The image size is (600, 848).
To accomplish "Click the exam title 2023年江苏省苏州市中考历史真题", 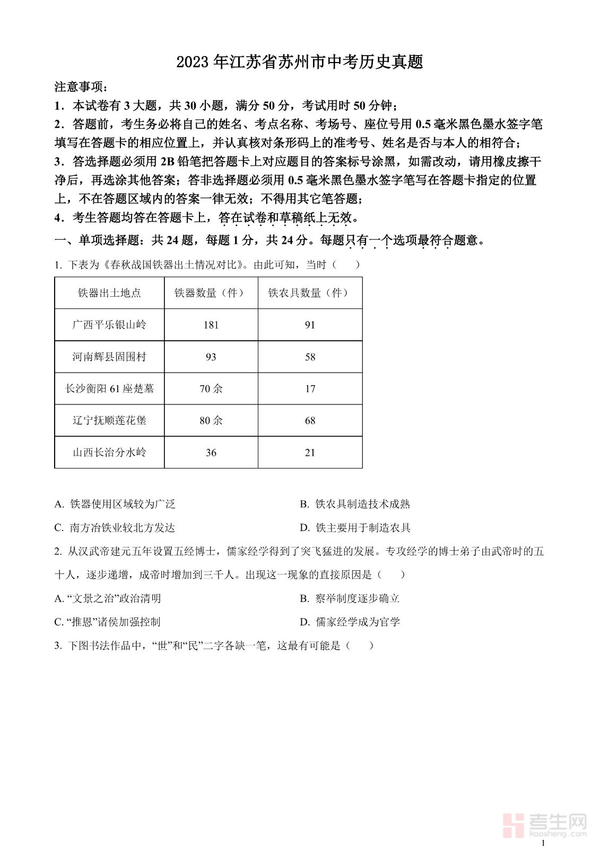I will point(300,62).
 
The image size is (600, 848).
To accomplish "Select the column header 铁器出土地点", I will point(109,293).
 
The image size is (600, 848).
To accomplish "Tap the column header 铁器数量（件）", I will point(211,293).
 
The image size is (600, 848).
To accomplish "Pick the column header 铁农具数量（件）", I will point(310,293).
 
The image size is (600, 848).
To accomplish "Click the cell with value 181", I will point(211,325).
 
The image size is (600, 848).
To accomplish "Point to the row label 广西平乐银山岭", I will point(109,325).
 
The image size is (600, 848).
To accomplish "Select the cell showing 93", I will point(211,357).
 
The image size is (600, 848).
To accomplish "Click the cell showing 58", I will point(310,357).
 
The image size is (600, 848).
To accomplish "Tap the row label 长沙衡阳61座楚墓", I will point(109,388).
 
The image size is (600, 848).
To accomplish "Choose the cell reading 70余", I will point(211,388).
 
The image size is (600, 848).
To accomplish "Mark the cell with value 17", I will point(310,388).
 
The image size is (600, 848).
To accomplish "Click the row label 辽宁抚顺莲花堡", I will point(109,420).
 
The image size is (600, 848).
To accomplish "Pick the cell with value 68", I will point(310,420).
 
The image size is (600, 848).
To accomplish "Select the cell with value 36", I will point(211,452).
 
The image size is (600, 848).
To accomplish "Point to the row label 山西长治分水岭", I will point(109,452).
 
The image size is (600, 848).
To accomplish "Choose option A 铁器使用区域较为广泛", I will point(115,504).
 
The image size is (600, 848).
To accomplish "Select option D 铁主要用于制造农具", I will point(355,527).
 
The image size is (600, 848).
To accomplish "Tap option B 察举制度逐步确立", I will point(350,598).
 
